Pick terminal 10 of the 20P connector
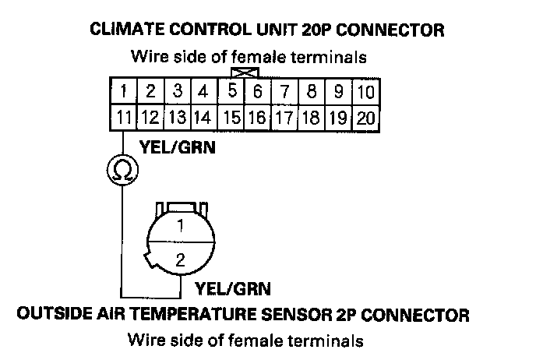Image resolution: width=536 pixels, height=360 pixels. [365, 93]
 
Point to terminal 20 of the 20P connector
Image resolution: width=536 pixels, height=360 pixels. [365, 118]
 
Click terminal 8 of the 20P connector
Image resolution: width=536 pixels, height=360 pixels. [312, 93]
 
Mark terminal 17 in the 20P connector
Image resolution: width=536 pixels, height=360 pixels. [284, 118]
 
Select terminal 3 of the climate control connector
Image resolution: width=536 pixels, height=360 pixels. [178, 93]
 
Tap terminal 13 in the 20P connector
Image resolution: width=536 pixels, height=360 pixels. [178, 118]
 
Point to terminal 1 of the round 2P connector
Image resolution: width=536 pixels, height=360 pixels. [180, 227]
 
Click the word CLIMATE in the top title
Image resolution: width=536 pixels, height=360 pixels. [124, 30]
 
